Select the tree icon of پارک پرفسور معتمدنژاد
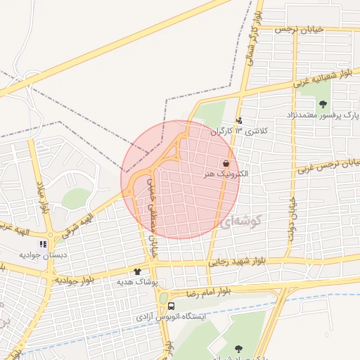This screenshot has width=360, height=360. pos(323,105)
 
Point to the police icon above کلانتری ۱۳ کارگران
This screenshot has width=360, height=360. pos(239,120)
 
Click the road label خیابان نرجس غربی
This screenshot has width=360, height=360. pos(328,166)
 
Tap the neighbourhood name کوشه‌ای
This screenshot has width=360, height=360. pos(240,223)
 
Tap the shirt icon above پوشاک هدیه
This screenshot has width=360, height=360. pos(137,271)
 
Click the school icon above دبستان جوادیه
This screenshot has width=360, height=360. pos(42,245)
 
